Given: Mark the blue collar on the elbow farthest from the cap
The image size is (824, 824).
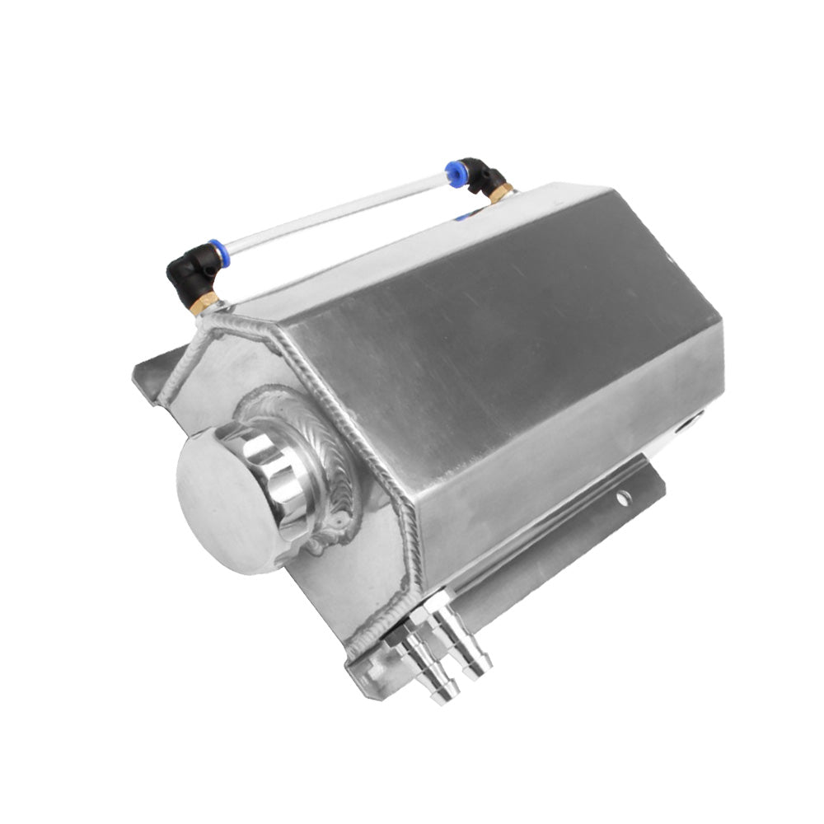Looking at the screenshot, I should point(454,171).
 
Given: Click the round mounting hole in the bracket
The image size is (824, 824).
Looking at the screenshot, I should point(624,497).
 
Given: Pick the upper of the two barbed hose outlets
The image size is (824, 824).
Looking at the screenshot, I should point(474,651).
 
